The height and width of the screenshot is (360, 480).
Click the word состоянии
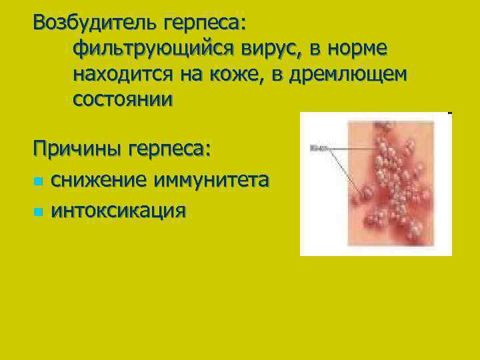[x=123, y=100]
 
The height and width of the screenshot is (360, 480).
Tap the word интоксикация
[x=119, y=211]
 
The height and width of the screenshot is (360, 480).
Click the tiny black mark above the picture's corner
[x=450, y=113]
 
